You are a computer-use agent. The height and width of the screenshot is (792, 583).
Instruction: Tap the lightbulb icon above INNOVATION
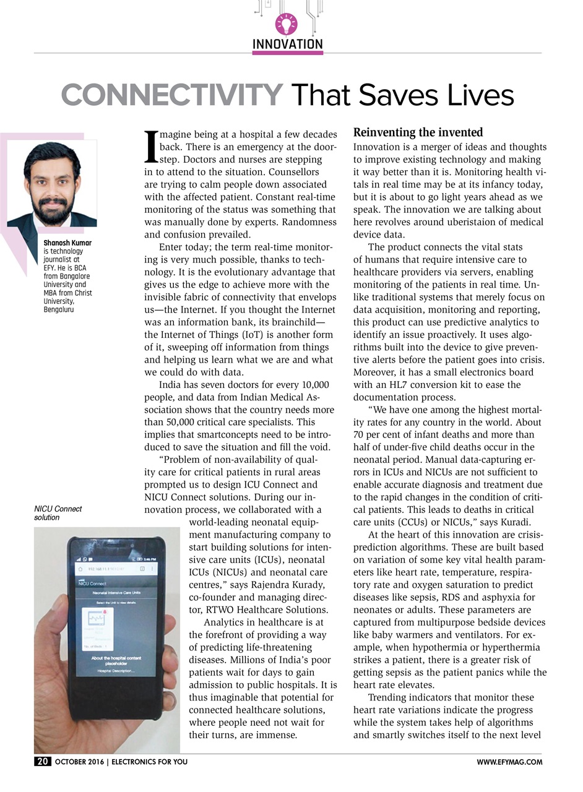pyautogui.click(x=287, y=24)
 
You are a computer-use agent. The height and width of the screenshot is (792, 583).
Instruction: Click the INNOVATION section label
pyautogui.click(x=288, y=44)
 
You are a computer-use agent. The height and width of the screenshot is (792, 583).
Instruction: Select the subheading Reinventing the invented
pyautogui.click(x=418, y=132)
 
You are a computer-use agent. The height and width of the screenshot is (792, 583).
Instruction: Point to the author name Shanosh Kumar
pyautogui.click(x=67, y=243)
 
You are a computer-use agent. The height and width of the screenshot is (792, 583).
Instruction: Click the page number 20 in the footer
pyautogui.click(x=43, y=762)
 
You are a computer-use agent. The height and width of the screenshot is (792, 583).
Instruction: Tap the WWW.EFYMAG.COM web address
pyautogui.click(x=509, y=762)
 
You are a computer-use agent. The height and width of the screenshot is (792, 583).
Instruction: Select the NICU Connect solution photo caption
pyautogui.click(x=58, y=513)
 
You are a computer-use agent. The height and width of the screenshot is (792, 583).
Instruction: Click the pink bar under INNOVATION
pyautogui.click(x=288, y=53)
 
